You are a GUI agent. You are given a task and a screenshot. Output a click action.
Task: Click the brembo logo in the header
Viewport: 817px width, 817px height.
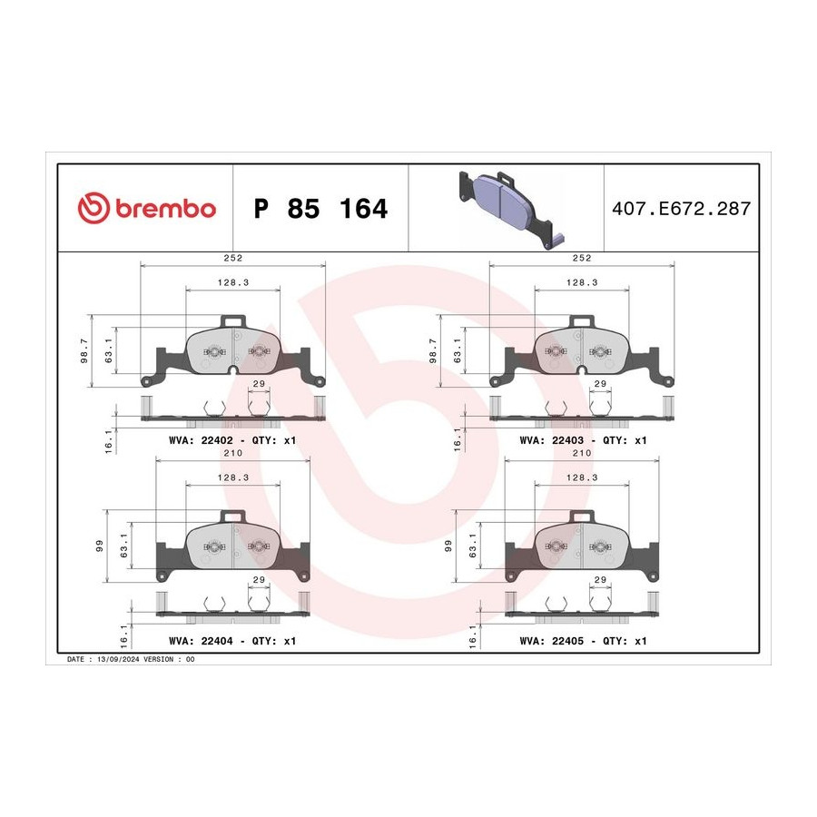click(146, 208)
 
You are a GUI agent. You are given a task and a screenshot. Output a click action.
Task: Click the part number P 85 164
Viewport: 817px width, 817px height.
click(320, 209)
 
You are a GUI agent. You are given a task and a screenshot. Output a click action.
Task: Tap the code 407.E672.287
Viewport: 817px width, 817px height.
click(681, 209)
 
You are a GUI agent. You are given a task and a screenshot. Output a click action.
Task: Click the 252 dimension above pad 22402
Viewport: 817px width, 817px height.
click(233, 258)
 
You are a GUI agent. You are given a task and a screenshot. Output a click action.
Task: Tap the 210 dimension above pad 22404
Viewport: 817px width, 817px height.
click(233, 453)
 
